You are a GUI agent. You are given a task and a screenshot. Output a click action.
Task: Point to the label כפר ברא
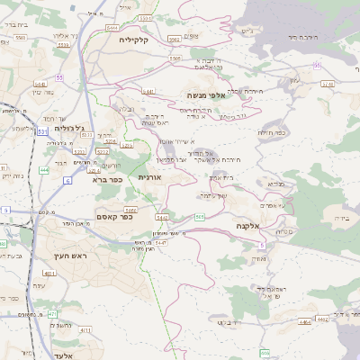pyautogui.click(x=106, y=179)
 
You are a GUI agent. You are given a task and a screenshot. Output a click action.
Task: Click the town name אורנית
pyautogui.click(x=148, y=178)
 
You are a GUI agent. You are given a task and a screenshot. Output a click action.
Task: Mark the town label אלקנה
pyautogui.click(x=247, y=225)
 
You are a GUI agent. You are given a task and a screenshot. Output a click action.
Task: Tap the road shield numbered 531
pyautogui.click(x=42, y=132)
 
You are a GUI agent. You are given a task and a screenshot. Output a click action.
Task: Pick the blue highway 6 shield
pyautogui.click(x=66, y=181)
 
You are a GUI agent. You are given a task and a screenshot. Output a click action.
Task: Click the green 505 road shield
pyautogui.click(x=199, y=217)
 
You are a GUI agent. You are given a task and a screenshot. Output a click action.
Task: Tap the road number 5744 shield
pyautogui.click(x=327, y=84)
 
